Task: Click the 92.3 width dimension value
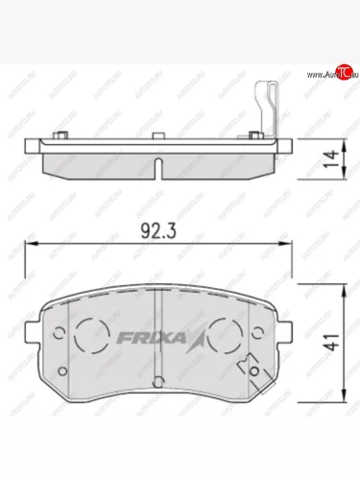pyautogui.click(x=150, y=232)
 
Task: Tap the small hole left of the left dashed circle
pyautogui.click(x=57, y=335)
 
